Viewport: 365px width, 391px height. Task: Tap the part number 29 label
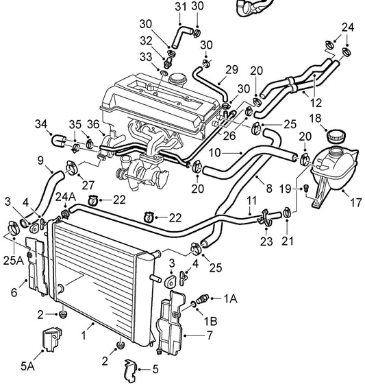pos(231,69)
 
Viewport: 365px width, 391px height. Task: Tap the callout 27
pos(87,184)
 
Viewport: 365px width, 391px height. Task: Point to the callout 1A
pos(231,298)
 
